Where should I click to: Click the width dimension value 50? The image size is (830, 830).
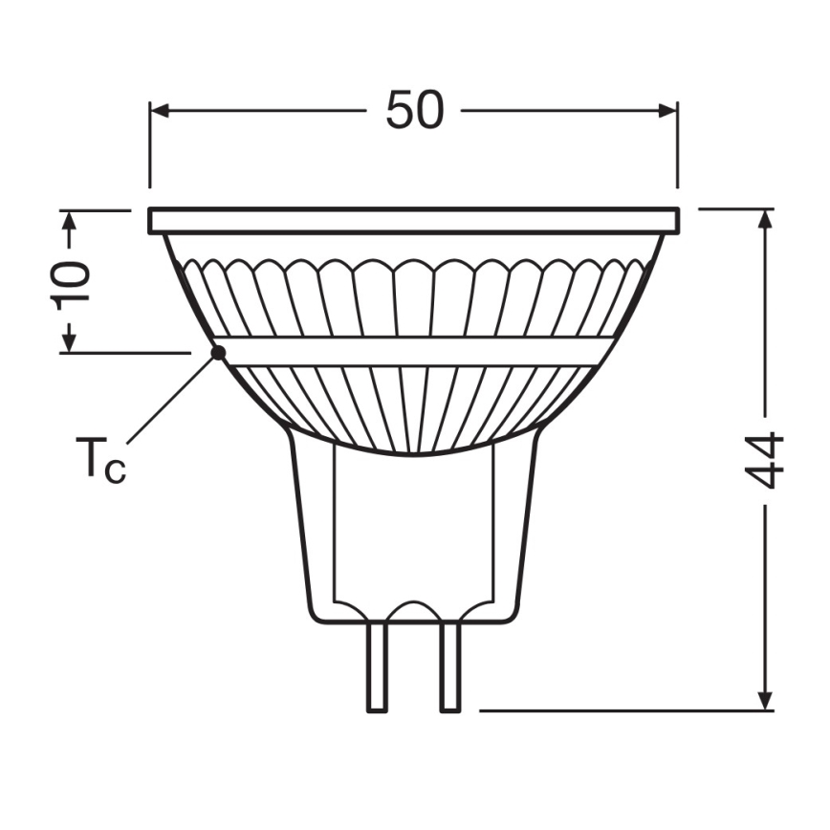[x=414, y=110]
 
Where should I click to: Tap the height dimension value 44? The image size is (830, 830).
[x=765, y=460]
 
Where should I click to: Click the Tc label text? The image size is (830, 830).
[x=99, y=461]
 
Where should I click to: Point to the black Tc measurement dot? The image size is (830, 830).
[x=218, y=352]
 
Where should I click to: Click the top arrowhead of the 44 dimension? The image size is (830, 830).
[x=765, y=219]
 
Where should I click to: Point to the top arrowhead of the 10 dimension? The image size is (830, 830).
[x=68, y=221]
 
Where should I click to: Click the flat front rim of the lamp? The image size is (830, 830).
[x=414, y=221]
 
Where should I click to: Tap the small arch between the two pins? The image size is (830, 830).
[x=414, y=609]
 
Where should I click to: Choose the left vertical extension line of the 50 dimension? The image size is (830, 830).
[x=150, y=143]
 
